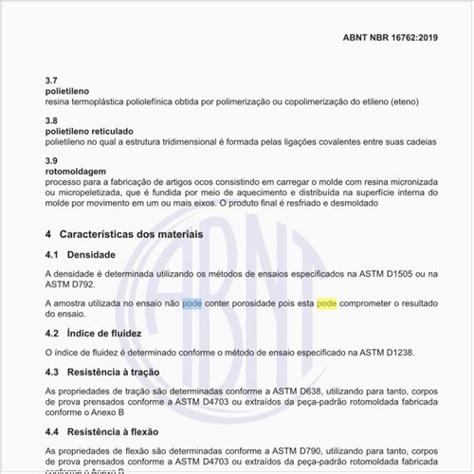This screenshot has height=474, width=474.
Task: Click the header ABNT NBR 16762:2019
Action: tap(391, 39)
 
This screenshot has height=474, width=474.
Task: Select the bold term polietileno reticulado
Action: tap(89, 130)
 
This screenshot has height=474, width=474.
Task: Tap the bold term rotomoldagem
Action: tap(75, 171)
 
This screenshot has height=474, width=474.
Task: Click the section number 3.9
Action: tap(51, 160)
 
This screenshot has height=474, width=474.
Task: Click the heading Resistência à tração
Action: tap(117, 373)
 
